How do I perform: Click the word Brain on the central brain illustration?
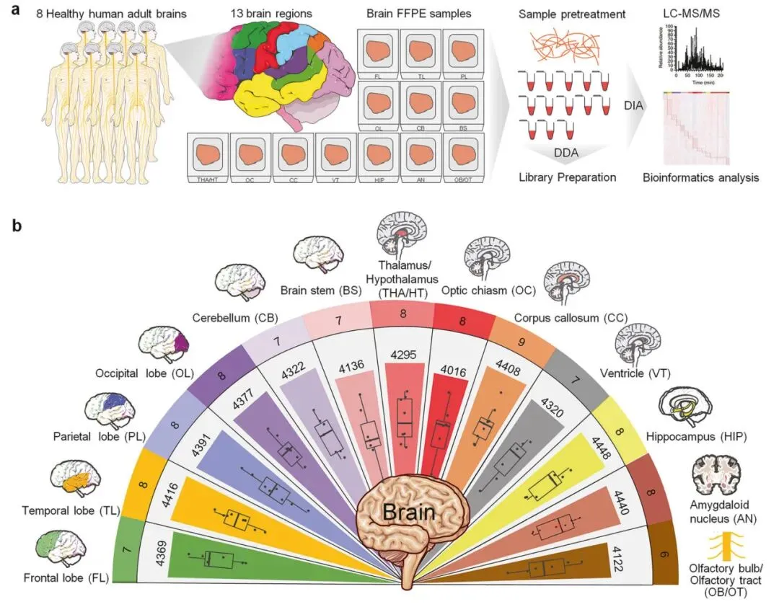(x=408, y=513)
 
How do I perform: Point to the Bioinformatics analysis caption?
(x=700, y=177)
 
